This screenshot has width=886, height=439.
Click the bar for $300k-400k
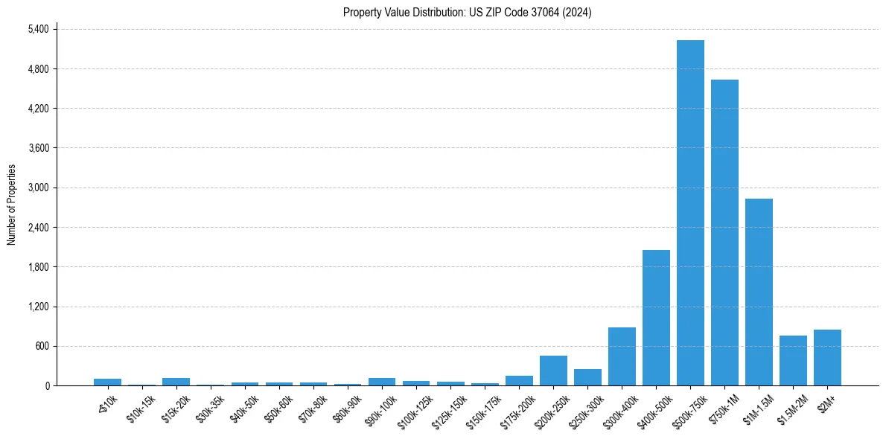622,356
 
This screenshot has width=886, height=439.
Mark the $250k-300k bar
587,377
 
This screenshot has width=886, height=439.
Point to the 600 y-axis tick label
42,346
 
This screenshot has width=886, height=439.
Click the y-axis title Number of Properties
11,205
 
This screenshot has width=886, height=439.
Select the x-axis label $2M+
826,400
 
